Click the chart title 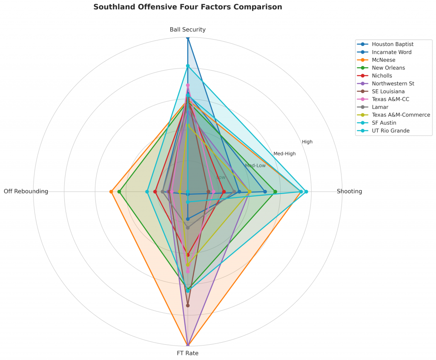pos(187,7)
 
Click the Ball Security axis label pos(187,30)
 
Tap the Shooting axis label pos(349,191)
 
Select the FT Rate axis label pos(187,353)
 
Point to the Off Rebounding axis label pos(26,191)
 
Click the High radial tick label pos(307,142)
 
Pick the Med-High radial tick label pos(284,154)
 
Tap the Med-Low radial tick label pos(255,166)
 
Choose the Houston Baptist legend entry pos(392,44)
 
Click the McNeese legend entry pos(383,60)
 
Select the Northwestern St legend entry pos(393,83)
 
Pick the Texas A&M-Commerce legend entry pos(401,115)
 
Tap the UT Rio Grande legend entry pos(390,131)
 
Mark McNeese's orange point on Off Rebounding pos(111,191)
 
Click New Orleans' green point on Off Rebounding pos(119,191)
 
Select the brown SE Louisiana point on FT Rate pos(188,306)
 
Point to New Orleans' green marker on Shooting pos(275,191)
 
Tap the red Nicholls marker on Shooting pos(224,191)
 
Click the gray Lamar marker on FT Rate pos(188,228)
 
